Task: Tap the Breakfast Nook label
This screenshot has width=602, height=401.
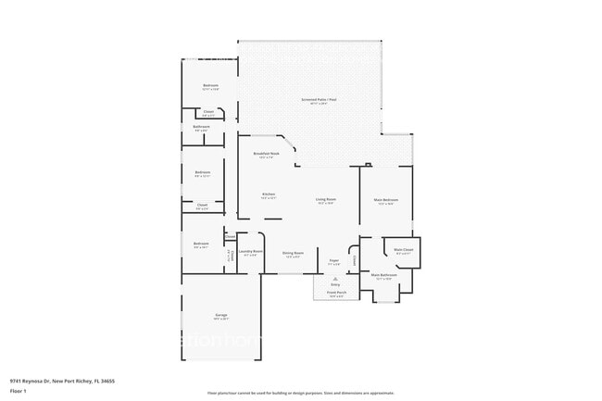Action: point(266,154)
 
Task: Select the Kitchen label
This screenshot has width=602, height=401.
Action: point(269,195)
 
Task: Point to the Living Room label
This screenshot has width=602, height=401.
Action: point(325,199)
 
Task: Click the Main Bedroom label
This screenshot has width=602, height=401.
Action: point(386,200)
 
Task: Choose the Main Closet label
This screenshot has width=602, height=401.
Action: point(404,250)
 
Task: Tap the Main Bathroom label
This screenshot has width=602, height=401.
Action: point(384,275)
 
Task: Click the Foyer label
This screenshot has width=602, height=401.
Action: point(334,263)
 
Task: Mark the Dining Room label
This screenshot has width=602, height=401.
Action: point(293,255)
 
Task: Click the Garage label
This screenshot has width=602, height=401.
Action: point(221,316)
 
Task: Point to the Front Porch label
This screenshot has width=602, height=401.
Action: point(335,293)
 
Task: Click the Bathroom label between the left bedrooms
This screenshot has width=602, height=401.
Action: point(201,128)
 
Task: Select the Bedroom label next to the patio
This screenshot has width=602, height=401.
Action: point(210,87)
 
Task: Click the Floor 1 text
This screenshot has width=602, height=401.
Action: point(18,391)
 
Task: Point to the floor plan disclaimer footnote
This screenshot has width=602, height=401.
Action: point(300,393)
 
